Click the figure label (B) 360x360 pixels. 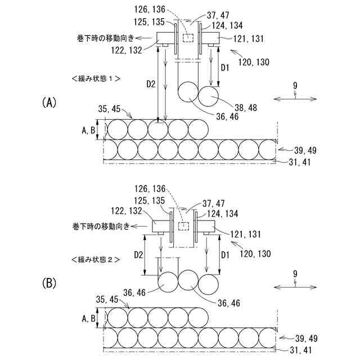[x=49, y=283]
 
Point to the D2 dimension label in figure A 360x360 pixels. [x=150, y=84]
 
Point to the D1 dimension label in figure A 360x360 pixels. [x=224, y=67]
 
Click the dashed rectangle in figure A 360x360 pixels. [x=188, y=38]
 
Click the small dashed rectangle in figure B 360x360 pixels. [x=182, y=225]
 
